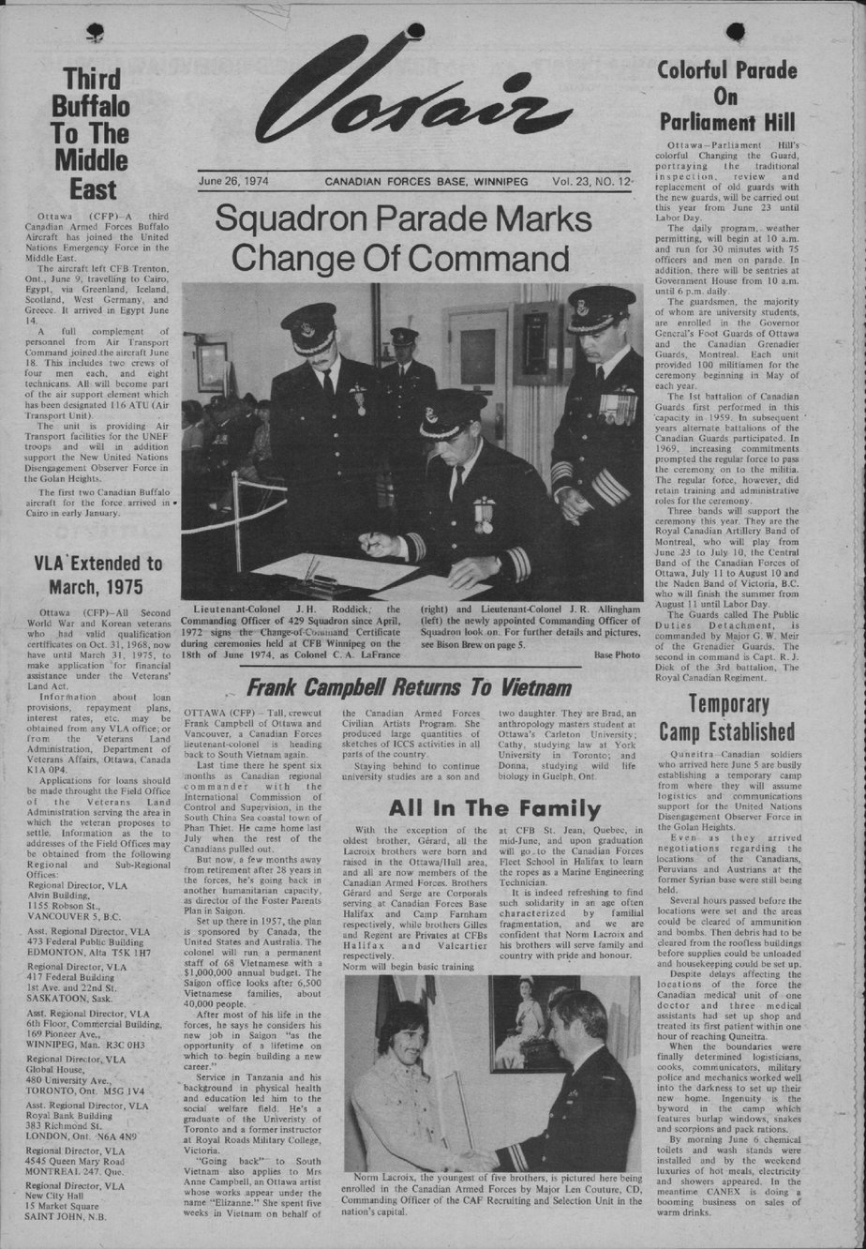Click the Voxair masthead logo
click(412, 94)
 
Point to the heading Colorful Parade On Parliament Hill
click(726, 96)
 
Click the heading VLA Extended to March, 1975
click(98, 575)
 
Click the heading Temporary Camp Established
click(726, 717)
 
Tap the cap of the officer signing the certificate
click(452, 413)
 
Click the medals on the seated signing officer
click(484, 514)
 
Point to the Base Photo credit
click(616, 655)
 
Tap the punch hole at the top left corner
click(94, 35)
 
